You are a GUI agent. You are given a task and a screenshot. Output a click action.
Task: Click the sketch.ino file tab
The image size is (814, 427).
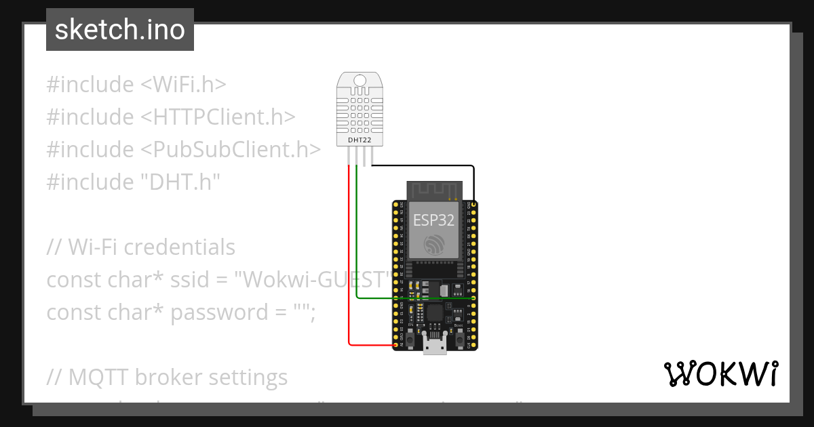[x=120, y=30]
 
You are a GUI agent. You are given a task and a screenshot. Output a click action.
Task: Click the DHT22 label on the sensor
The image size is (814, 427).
[x=360, y=140]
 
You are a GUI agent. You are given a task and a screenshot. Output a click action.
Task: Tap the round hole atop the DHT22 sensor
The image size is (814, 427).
[x=360, y=81]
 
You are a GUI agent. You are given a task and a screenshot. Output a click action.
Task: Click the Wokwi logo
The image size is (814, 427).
[x=720, y=373]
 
